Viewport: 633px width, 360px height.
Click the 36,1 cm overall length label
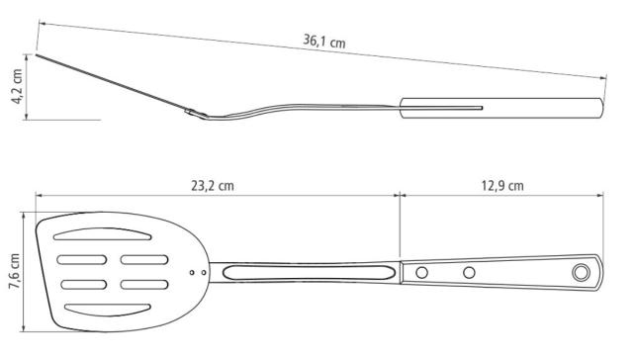[324, 42]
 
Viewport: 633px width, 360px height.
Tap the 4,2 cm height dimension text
[17, 86]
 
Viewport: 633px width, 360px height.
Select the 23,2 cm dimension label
[213, 186]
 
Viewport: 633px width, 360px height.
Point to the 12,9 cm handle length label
[502, 186]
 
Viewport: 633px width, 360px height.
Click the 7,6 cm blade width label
[15, 271]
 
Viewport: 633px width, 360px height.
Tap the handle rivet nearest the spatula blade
[421, 273]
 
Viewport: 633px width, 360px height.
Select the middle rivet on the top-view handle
[469, 273]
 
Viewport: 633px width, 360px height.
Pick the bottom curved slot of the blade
[108, 310]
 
